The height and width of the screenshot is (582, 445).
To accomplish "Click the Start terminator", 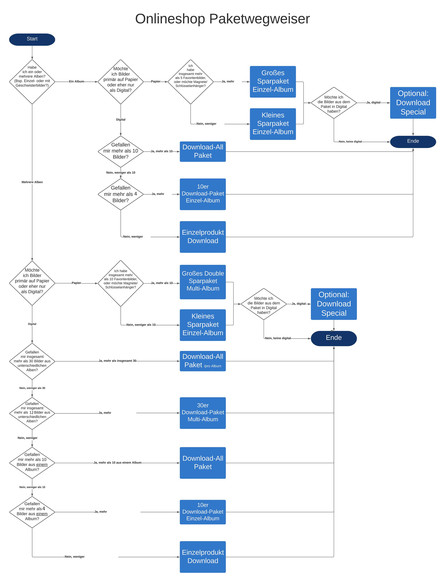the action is pyautogui.click(x=32, y=39).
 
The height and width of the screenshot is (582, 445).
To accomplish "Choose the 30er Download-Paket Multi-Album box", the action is pyautogui.click(x=203, y=413).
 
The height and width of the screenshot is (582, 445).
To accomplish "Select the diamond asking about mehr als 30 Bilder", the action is pyautogui.click(x=32, y=361).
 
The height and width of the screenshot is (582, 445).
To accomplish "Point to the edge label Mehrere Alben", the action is pyautogui.click(x=32, y=182).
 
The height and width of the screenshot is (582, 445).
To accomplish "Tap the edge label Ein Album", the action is pyautogui.click(x=77, y=81).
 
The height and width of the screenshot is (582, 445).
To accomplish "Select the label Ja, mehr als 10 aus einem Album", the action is pyautogui.click(x=117, y=462).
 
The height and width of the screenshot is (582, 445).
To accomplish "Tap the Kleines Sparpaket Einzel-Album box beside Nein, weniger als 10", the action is pyautogui.click(x=203, y=325).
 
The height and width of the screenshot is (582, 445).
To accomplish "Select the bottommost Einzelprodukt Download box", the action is pyautogui.click(x=203, y=557).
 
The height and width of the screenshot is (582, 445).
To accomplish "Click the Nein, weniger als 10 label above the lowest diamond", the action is pyautogui.click(x=32, y=487).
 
